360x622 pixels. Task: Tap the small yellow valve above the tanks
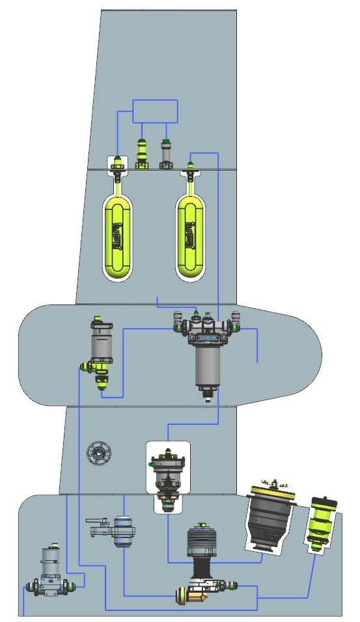[142, 154]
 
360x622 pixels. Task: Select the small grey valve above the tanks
[166, 154]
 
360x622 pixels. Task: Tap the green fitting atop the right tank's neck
[191, 165]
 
